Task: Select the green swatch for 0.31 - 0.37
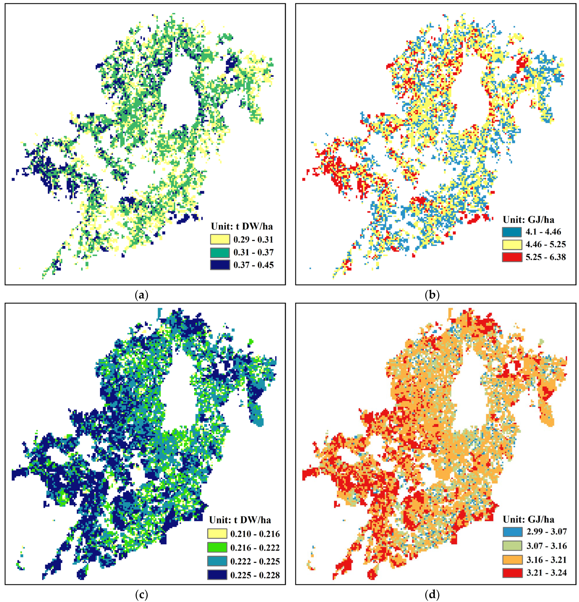coord(220,252)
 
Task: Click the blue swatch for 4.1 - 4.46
coord(512,232)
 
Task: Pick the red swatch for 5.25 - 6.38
coord(512,257)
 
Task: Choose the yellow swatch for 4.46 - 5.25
coord(512,244)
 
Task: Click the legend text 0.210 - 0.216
coord(255,534)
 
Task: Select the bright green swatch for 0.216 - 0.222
coord(217,548)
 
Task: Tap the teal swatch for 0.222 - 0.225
coord(217,561)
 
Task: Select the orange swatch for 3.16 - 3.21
coord(512,560)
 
